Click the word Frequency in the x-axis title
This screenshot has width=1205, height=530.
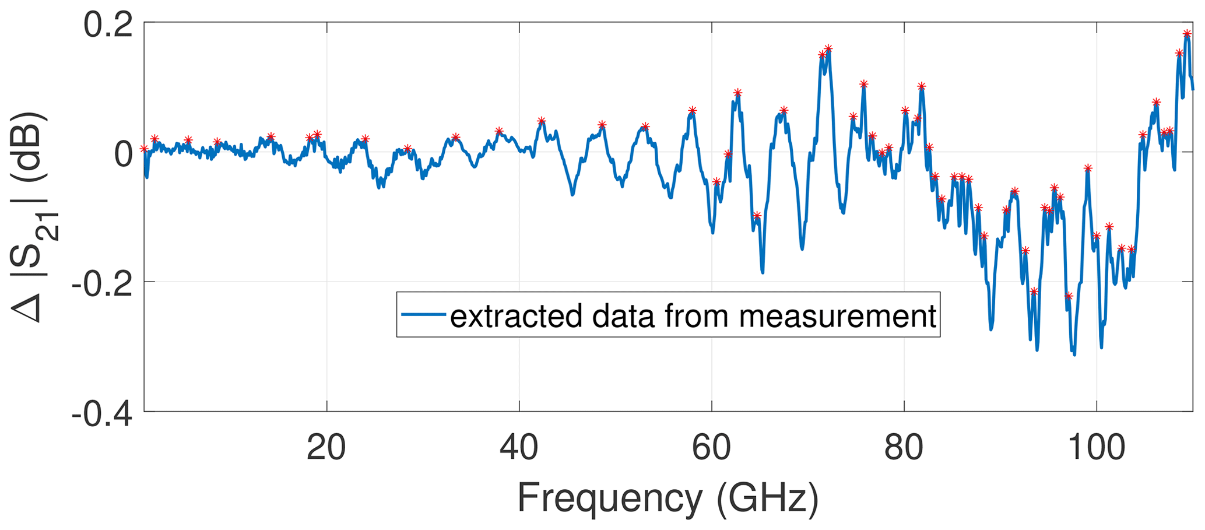coord(610,499)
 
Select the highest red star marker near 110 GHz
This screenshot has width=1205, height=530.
coord(1186,34)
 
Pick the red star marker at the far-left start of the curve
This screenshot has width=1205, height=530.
coord(144,149)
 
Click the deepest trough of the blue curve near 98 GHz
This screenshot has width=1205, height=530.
coord(1074,353)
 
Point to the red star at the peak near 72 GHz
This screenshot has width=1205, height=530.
coord(828,48)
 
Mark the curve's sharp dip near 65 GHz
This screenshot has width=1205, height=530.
coord(763,272)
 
